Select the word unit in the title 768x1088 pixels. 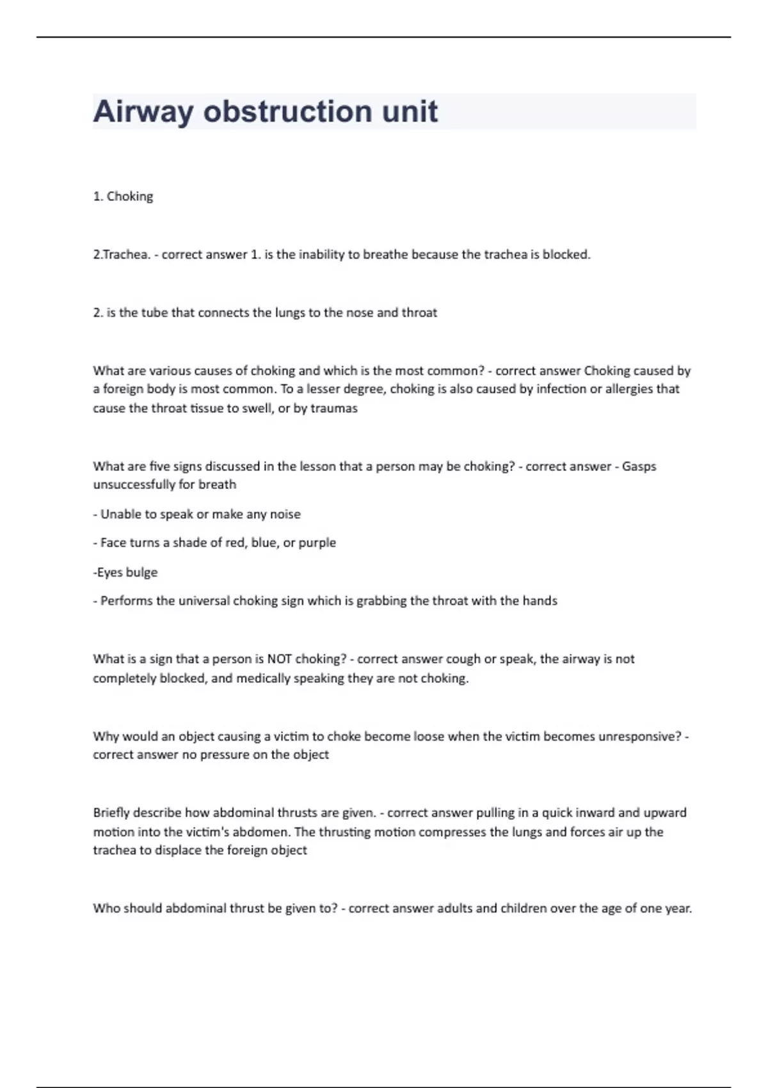(410, 112)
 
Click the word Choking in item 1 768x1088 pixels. (130, 196)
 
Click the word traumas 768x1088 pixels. (334, 408)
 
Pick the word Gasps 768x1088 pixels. (639, 467)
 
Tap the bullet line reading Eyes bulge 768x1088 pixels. (126, 572)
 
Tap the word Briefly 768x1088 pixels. (110, 813)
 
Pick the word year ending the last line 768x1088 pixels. (677, 908)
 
